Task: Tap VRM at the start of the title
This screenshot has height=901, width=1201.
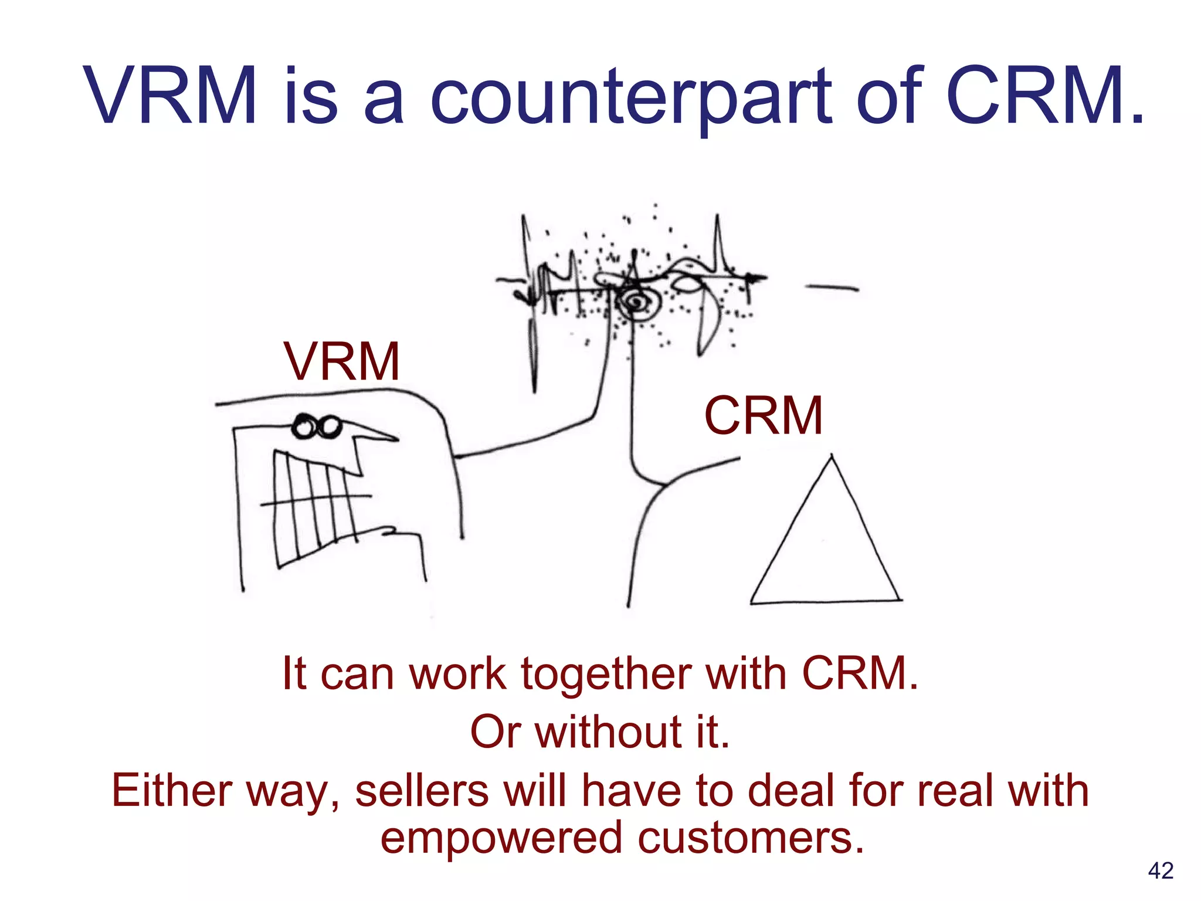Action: click(x=170, y=97)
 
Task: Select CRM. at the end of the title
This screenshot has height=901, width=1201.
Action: click(x=1044, y=97)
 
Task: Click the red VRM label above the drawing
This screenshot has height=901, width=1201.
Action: click(x=342, y=361)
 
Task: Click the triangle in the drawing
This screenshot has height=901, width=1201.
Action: click(x=826, y=546)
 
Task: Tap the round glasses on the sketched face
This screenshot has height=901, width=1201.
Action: click(x=317, y=426)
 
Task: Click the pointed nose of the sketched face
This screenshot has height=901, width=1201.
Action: click(x=375, y=435)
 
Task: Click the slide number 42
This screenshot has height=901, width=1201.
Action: click(x=1161, y=870)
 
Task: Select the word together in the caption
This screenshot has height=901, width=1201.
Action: click(x=606, y=674)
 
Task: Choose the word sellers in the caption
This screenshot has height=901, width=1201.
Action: click(x=422, y=790)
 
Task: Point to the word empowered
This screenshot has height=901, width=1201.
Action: click(x=501, y=838)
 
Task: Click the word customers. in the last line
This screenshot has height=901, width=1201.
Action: click(x=751, y=838)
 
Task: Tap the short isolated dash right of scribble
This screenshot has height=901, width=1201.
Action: click(x=832, y=287)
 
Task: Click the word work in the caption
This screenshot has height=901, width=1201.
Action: click(x=457, y=674)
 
